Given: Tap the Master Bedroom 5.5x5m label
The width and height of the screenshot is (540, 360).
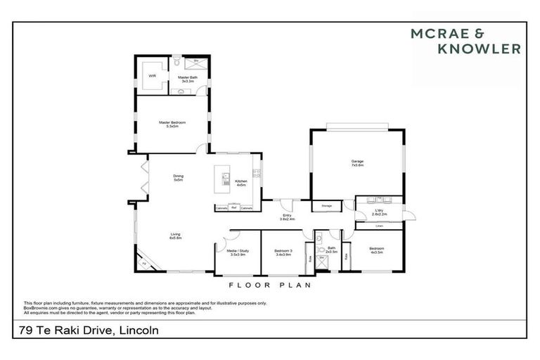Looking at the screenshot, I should pos(172,124).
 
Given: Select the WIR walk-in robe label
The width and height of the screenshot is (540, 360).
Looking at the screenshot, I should pos(151,75).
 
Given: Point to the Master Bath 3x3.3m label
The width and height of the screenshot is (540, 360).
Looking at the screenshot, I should pos(187,79).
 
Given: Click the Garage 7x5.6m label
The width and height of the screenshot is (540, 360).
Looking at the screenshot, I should pos(357,163).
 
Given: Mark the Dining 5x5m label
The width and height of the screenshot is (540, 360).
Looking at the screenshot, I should pos(179,178).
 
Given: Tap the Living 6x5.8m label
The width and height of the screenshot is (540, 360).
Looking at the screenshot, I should pos(175,236).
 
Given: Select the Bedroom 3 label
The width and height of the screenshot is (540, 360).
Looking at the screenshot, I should pos(282,252).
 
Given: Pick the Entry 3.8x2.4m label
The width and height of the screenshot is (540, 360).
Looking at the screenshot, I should pos(286,217).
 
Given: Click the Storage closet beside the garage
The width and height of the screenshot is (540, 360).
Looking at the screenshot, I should pos(326,206).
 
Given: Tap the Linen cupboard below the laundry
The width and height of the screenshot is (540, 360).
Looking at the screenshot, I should pos(379,226).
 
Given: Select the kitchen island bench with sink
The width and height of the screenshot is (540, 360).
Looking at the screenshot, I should pos(226,182).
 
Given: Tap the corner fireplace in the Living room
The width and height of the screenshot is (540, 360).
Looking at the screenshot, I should pos(146,263).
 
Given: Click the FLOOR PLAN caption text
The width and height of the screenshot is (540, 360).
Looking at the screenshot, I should pos(270,285).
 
